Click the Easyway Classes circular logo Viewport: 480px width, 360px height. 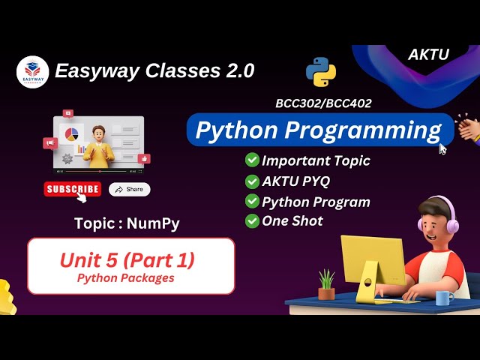click(x=32, y=72)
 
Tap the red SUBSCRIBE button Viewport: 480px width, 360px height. click(x=72, y=189)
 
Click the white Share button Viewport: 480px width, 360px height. click(x=129, y=189)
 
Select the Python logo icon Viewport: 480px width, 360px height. click(x=320, y=71)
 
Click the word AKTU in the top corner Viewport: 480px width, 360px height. click(x=427, y=55)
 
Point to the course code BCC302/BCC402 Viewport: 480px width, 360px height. click(x=323, y=103)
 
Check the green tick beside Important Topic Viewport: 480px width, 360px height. click(x=252, y=160)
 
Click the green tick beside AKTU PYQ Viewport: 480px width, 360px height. click(x=252, y=181)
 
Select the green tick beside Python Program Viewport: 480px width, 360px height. click(x=252, y=201)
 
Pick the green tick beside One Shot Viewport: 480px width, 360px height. click(x=252, y=220)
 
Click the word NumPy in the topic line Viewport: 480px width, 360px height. click(x=153, y=223)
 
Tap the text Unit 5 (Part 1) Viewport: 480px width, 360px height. click(x=127, y=260)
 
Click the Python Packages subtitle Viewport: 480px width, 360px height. click(x=126, y=278)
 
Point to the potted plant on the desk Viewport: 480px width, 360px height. click(x=326, y=285)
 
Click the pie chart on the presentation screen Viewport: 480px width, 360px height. click(x=73, y=134)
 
